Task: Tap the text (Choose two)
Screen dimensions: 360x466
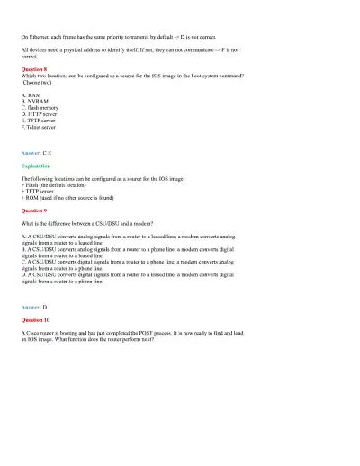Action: point(36,82)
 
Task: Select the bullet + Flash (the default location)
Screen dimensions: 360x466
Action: point(59,184)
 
